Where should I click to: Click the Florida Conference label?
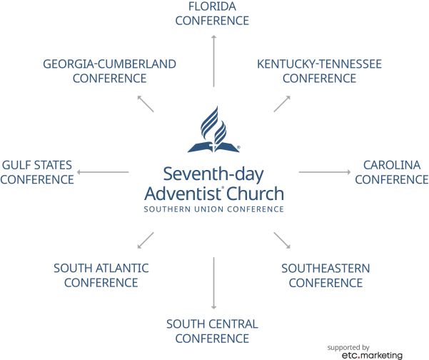click(x=212, y=14)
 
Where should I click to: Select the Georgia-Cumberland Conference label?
click(x=109, y=71)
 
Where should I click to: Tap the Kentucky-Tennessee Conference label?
click(x=319, y=71)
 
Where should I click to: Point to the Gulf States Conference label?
click(x=37, y=172)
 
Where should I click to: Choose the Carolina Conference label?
click(x=392, y=172)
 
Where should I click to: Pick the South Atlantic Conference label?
click(x=101, y=275)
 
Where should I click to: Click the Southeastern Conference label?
click(x=325, y=276)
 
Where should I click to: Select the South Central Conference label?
click(x=212, y=331)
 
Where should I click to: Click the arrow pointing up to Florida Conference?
click(x=214, y=61)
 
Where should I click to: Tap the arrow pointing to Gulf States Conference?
click(x=103, y=172)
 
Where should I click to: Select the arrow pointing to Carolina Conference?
click(x=325, y=172)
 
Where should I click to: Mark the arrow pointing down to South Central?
click(x=214, y=283)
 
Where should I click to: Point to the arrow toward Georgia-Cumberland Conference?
click(x=146, y=104)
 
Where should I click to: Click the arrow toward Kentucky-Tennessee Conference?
click(x=282, y=104)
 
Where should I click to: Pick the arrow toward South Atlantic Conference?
click(x=146, y=241)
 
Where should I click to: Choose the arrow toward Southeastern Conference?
click(x=282, y=241)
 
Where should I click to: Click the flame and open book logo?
click(x=213, y=129)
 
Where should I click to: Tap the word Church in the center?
click(x=255, y=194)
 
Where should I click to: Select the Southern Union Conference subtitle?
click(x=213, y=209)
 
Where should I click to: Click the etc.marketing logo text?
click(x=372, y=355)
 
